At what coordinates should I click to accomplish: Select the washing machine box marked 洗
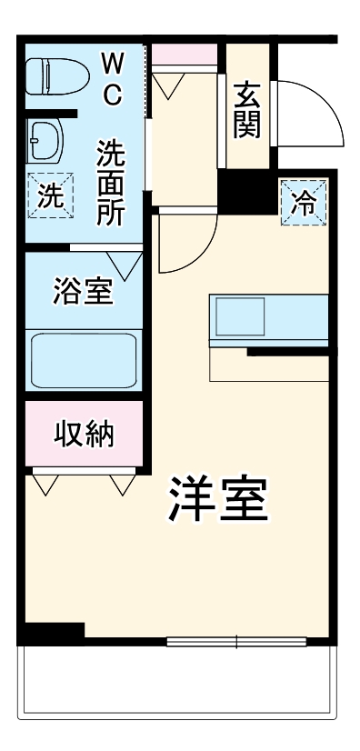click(49, 194)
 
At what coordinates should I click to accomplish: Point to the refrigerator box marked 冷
click(301, 201)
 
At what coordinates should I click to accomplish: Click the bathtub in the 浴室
click(84, 360)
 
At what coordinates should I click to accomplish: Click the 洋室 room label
click(218, 497)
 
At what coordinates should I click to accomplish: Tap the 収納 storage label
click(84, 434)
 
